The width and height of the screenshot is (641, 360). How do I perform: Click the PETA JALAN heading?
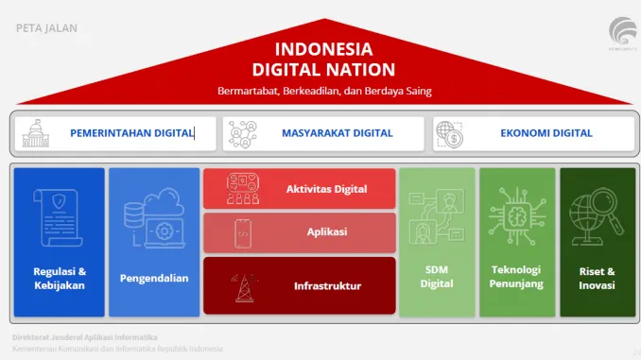tap(47, 28)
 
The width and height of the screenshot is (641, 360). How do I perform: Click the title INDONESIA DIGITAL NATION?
tap(323, 59)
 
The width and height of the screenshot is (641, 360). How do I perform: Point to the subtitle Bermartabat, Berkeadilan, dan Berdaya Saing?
tap(323, 91)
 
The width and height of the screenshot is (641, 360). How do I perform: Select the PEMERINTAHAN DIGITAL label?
tap(131, 133)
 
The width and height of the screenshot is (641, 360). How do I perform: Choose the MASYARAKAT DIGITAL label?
tap(337, 133)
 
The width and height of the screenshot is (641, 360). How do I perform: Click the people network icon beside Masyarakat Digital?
tap(244, 133)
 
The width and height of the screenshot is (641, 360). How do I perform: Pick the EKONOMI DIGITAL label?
tap(546, 133)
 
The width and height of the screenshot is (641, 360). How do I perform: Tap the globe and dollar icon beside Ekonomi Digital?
tap(452, 134)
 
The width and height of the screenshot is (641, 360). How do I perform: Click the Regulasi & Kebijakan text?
tap(59, 278)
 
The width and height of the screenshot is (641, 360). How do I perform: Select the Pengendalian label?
tap(154, 278)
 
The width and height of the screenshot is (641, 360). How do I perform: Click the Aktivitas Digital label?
tap(326, 189)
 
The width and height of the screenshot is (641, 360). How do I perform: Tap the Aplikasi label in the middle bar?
tap(326, 231)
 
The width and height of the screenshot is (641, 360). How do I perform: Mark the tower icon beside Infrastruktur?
tap(242, 283)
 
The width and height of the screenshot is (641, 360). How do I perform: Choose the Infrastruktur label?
tap(327, 285)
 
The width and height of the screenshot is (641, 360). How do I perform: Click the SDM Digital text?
tap(437, 276)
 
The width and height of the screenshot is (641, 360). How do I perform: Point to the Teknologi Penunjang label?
tap(515, 276)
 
